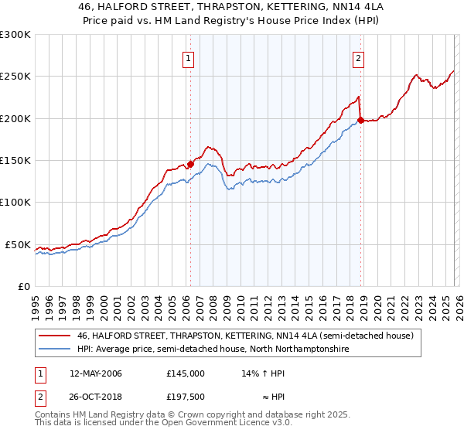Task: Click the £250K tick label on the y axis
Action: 15,77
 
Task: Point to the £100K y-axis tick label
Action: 15,202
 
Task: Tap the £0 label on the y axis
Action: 23,286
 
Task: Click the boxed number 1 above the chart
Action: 189,56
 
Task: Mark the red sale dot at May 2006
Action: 190,164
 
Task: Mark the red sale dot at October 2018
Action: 360,121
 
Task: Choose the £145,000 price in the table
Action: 185,373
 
